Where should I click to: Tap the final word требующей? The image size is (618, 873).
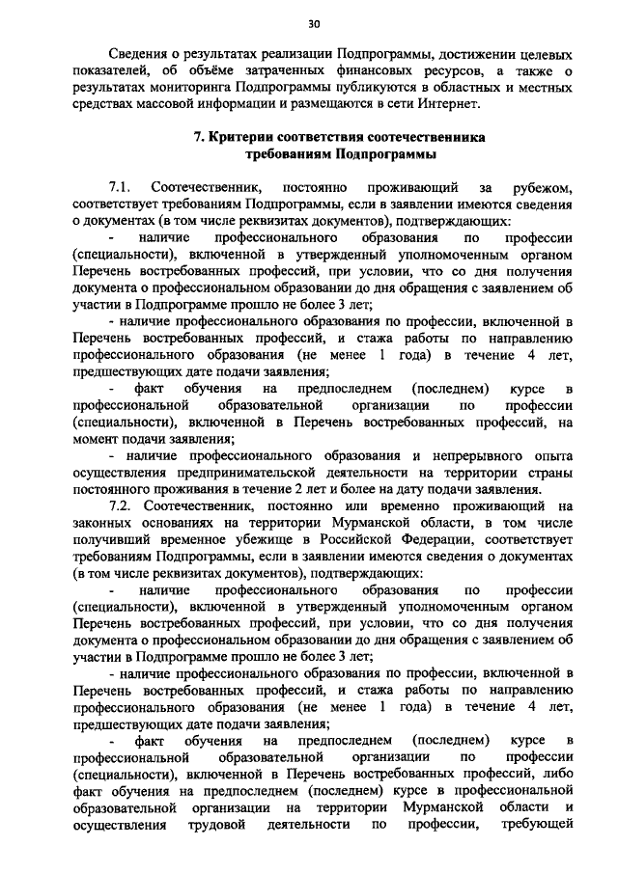[544, 825]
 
